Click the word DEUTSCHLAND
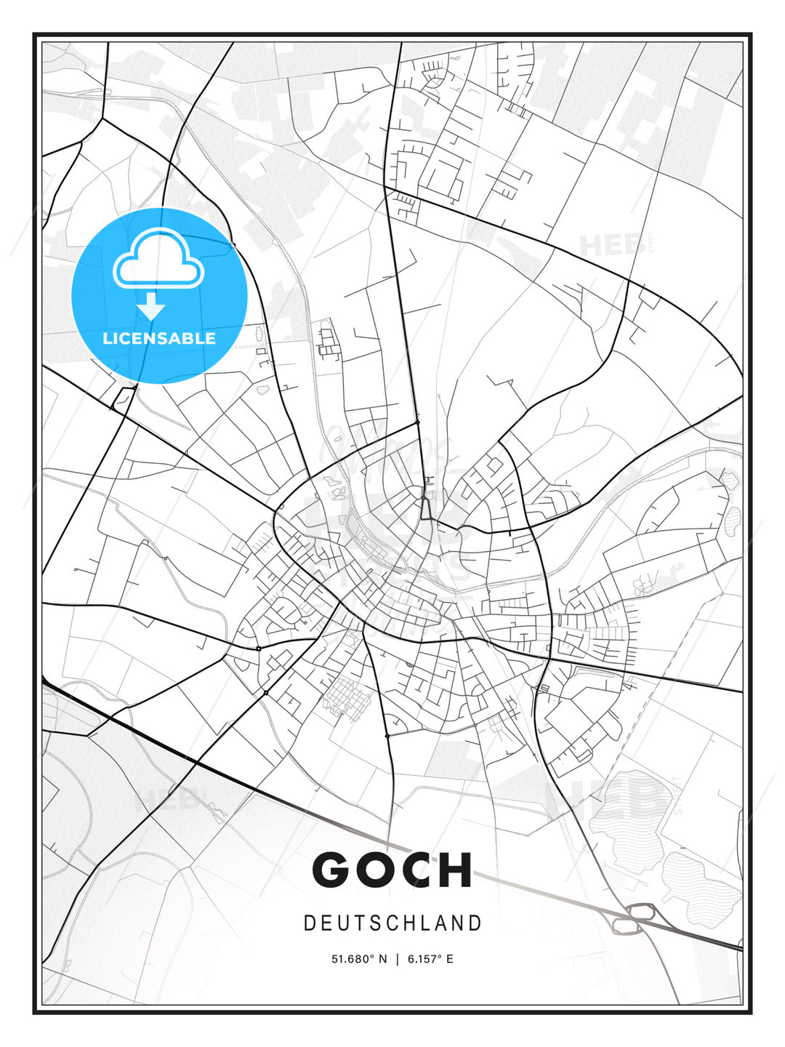pos(392,923)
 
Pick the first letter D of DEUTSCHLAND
pos(309,923)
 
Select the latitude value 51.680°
pos(353,959)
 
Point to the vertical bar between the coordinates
pos(397,959)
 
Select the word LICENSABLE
pos(159,338)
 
